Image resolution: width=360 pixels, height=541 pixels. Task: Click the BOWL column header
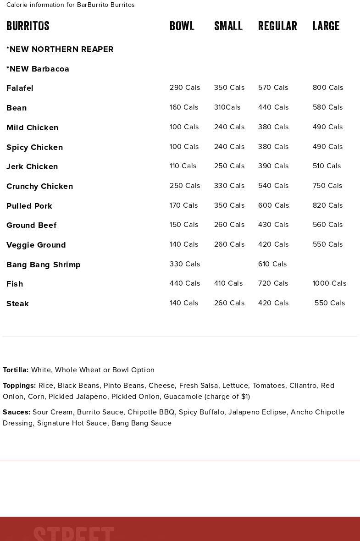pyautogui.click(x=182, y=26)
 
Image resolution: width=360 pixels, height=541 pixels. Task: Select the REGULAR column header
pyautogui.click(x=277, y=26)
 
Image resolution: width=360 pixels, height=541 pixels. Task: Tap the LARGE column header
pyautogui.click(x=326, y=26)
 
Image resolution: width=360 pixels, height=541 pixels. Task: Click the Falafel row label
pyautogui.click(x=20, y=88)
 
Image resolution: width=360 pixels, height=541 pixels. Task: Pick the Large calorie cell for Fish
pyautogui.click(x=329, y=283)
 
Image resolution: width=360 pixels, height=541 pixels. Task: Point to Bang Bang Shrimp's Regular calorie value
pyautogui.click(x=272, y=264)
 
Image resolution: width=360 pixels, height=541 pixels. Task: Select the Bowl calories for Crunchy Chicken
pyautogui.click(x=185, y=186)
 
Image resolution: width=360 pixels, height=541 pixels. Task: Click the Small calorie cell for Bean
pyautogui.click(x=227, y=107)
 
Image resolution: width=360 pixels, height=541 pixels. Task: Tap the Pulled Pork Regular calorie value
pyautogui.click(x=273, y=205)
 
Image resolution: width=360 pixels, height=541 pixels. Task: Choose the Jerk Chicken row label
pyautogui.click(x=32, y=166)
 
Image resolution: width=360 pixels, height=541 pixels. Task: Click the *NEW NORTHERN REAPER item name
pyautogui.click(x=60, y=49)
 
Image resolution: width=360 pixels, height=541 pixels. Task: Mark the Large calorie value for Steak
pyautogui.click(x=330, y=303)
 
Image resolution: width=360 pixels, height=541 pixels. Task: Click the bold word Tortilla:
pyautogui.click(x=16, y=370)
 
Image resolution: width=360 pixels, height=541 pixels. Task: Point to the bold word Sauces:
pyautogui.click(x=17, y=412)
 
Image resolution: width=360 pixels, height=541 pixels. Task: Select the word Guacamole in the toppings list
pyautogui.click(x=183, y=397)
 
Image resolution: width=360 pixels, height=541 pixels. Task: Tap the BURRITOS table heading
pyautogui.click(x=28, y=26)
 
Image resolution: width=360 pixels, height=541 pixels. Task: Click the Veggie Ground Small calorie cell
pyautogui.click(x=229, y=244)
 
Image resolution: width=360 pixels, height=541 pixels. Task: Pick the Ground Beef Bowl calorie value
pyautogui.click(x=184, y=225)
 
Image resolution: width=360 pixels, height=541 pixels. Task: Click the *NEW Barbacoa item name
pyautogui.click(x=38, y=69)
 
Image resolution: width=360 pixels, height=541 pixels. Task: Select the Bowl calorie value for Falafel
pyautogui.click(x=185, y=88)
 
